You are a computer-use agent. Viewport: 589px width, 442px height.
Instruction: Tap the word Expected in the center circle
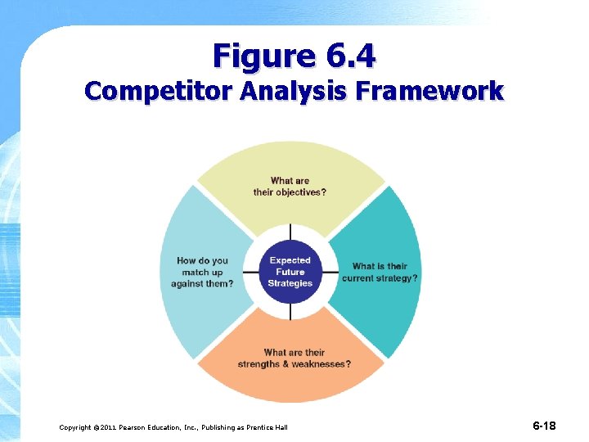[x=290, y=260]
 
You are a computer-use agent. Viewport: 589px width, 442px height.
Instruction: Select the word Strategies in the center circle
[x=290, y=283]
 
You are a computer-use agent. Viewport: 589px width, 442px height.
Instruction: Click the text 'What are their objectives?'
[x=290, y=187]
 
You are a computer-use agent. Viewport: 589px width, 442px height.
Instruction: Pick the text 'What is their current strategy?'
[x=380, y=272]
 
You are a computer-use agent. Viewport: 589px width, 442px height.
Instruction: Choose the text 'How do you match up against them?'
[x=202, y=272]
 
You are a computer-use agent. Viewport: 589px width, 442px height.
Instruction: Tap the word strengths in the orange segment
[x=259, y=363]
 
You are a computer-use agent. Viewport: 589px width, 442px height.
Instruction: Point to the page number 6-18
[x=544, y=426]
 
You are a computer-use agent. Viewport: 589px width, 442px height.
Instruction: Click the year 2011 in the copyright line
[x=113, y=427]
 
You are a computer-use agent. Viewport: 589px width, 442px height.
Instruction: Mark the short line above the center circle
[x=290, y=231]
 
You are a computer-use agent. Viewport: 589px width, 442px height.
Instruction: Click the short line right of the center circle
[x=330, y=272]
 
